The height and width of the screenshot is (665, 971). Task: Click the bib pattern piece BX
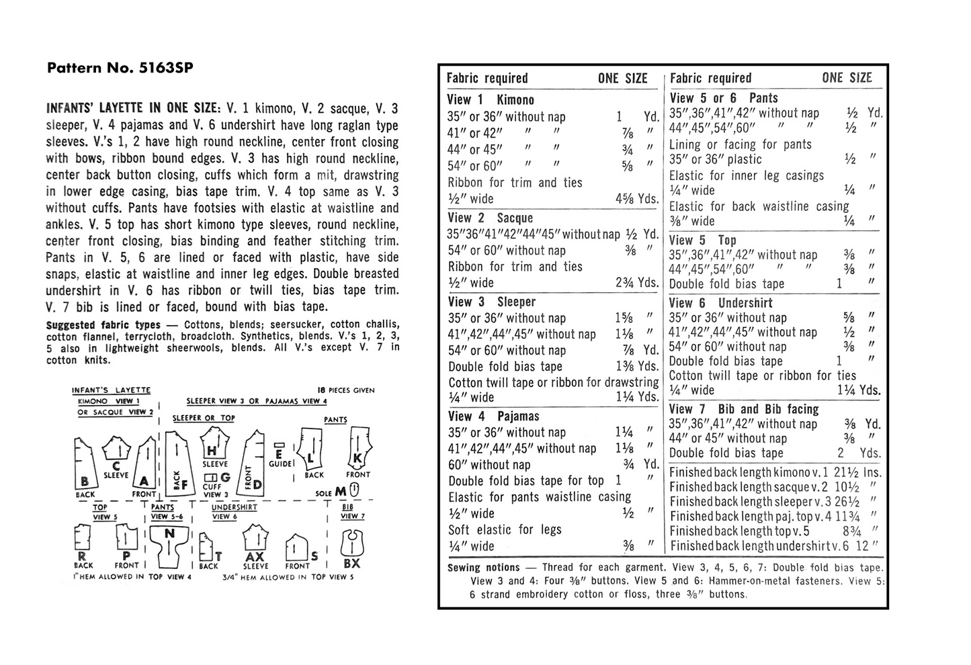click(352, 547)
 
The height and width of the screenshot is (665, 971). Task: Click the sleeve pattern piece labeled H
click(214, 445)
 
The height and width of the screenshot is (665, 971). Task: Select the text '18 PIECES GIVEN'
click(346, 390)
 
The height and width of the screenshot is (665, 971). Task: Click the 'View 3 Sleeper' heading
click(491, 302)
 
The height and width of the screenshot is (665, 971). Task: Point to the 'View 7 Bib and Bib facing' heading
click(744, 409)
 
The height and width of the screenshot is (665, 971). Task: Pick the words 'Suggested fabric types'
click(103, 325)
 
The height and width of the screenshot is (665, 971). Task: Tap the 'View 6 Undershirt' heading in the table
click(721, 303)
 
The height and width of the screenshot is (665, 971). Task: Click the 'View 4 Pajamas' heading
click(493, 416)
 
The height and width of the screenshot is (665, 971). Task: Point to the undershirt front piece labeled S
click(297, 549)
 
